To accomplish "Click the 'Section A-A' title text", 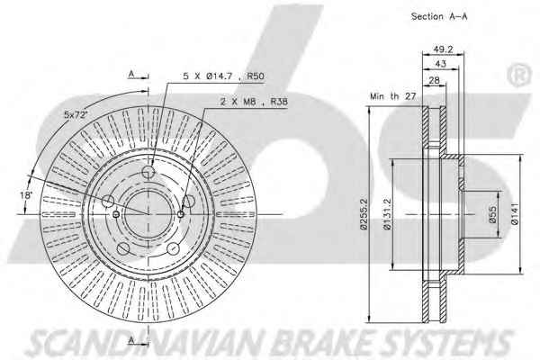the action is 439,16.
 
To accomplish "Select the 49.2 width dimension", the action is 443,49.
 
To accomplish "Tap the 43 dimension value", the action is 440,64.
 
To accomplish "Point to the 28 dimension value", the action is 435,80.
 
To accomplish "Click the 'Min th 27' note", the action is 393,96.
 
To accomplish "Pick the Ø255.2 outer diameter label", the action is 364,214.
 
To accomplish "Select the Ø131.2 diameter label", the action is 387,214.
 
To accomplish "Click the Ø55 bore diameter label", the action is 493,214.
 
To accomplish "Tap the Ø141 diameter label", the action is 515,214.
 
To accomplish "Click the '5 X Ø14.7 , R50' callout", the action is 223,76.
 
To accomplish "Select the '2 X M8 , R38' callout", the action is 254,102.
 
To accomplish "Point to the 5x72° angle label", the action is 76,114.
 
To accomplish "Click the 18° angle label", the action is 26,195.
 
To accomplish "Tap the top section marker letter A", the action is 131,74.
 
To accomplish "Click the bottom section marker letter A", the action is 131,340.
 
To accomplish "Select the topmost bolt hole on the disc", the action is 148,171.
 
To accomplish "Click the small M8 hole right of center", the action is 181,214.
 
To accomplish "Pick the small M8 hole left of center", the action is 116,214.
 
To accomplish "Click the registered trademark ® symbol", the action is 519,75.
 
